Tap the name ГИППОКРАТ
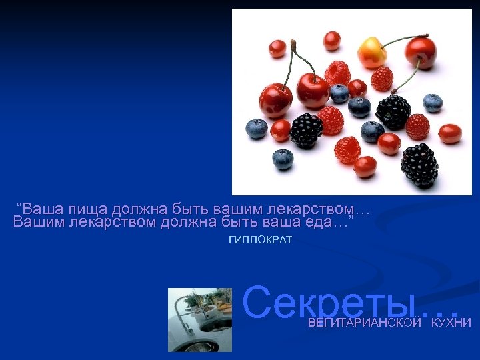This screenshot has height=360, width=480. point(260,240)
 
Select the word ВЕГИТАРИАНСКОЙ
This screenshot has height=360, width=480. point(365,323)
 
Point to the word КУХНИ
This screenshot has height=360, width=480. point(451,323)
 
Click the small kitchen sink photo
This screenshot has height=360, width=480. point(199,319)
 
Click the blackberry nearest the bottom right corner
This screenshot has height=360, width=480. point(419,165)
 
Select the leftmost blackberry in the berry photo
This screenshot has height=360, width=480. point(306,130)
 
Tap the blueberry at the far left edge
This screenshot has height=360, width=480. point(257,128)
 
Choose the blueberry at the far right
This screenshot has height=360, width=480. point(433,102)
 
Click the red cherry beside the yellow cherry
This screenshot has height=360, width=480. point(421,53)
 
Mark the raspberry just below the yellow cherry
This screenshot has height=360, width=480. point(382,78)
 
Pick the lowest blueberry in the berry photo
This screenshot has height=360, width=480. point(283,159)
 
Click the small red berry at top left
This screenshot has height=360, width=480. point(277,48)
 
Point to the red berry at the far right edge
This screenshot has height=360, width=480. point(450,133)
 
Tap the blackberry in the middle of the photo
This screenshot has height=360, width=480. point(393,111)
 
